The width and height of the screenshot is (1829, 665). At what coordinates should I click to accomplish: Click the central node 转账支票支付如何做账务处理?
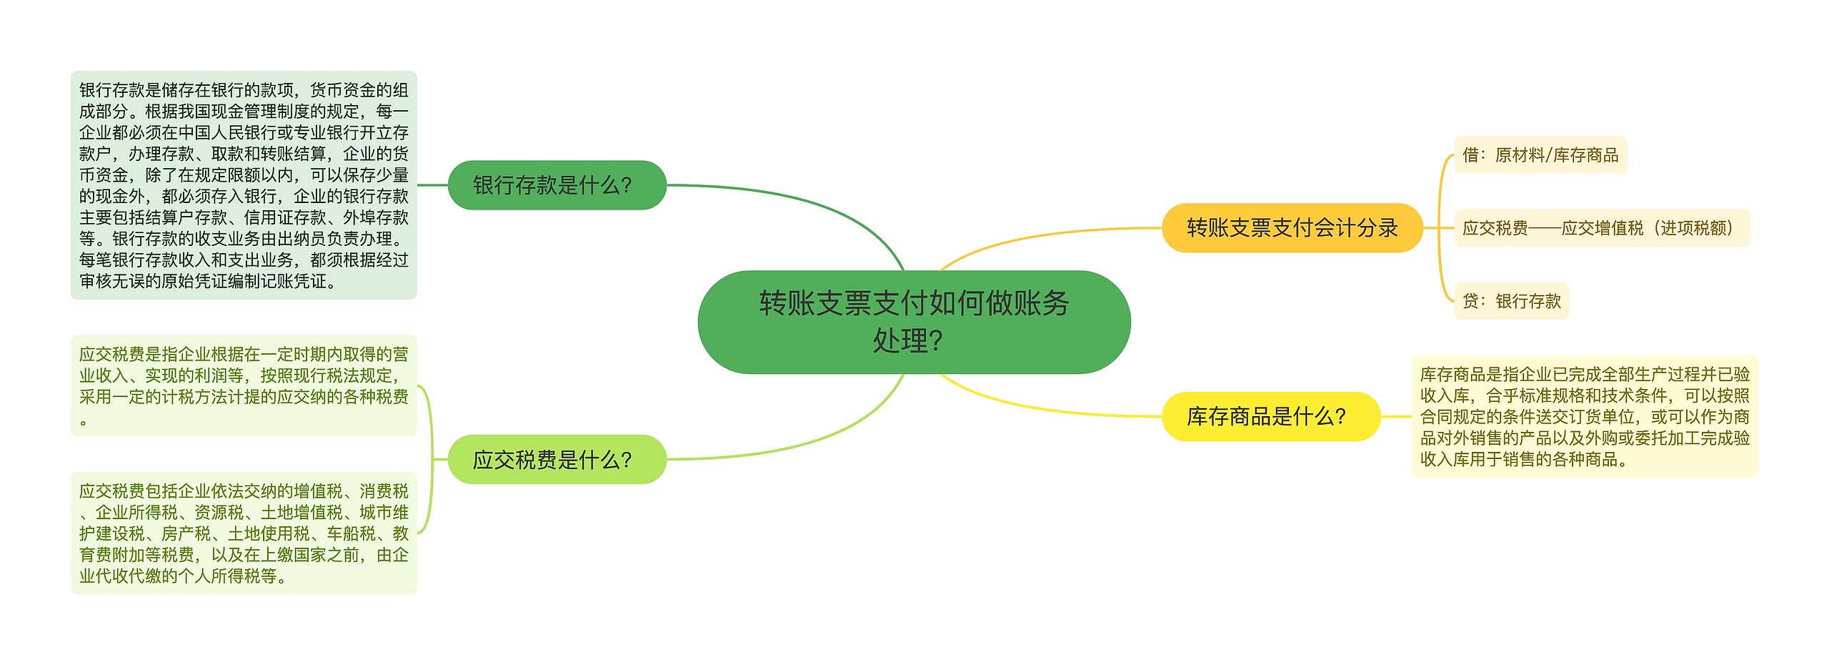click(x=914, y=322)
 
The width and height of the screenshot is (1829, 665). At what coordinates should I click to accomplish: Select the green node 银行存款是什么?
click(x=557, y=185)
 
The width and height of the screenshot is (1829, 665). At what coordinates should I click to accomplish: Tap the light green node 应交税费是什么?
click(x=557, y=459)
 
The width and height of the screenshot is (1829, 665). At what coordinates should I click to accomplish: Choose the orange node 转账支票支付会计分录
click(x=1292, y=227)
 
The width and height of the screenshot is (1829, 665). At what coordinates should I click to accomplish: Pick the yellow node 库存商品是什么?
click(x=1271, y=416)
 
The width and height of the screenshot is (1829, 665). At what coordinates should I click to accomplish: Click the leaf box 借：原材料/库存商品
click(x=1540, y=154)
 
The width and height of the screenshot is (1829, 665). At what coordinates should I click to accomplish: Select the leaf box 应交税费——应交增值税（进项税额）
click(x=1602, y=227)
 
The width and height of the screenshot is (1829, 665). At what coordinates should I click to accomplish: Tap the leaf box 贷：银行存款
click(x=1511, y=301)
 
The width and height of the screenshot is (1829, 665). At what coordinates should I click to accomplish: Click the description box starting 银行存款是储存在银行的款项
click(x=244, y=185)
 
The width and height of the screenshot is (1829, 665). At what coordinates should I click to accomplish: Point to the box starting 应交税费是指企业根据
click(x=244, y=385)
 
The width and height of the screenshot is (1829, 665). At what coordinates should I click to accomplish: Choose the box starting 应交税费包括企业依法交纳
click(x=244, y=533)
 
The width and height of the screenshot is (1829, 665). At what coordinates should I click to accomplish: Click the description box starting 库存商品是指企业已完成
click(x=1585, y=416)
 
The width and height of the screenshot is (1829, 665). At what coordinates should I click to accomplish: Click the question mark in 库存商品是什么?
click(x=1340, y=416)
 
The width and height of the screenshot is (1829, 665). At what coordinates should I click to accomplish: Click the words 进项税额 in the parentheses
click(x=1693, y=227)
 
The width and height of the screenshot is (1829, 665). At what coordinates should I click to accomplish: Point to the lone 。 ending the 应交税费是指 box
click(x=84, y=422)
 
